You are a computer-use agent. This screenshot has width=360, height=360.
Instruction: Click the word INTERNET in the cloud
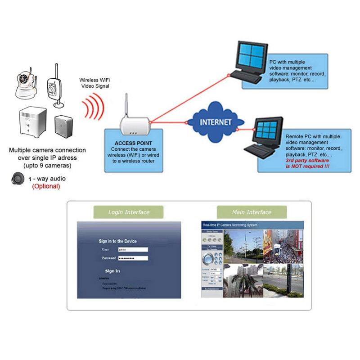tap(216, 122)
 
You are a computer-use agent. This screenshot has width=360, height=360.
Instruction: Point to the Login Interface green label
tap(129, 212)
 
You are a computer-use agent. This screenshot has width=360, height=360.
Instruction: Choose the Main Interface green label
tap(252, 212)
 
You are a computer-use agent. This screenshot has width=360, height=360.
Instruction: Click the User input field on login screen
tap(132, 249)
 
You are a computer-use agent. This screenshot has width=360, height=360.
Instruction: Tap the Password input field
tap(132, 258)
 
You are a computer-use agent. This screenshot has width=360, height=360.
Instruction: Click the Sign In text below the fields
tap(112, 271)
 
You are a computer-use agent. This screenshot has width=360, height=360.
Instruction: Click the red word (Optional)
tap(45, 186)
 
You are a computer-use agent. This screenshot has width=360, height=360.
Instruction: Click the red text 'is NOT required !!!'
tap(307, 166)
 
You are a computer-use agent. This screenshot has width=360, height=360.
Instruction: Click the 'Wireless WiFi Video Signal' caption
tap(95, 82)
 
